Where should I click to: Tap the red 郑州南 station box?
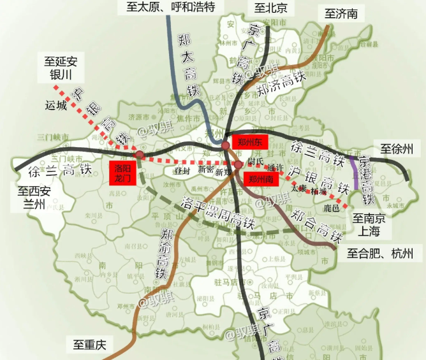261,179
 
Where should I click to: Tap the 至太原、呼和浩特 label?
167,8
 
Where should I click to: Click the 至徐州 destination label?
397,150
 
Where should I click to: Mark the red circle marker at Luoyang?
139,155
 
